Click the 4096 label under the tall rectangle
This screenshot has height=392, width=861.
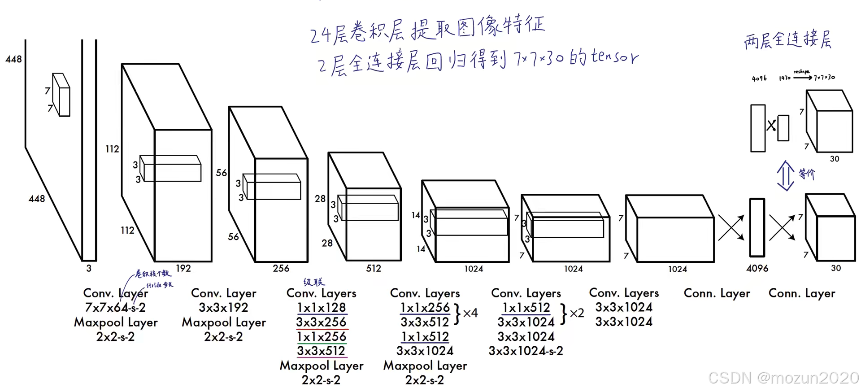coord(757,268)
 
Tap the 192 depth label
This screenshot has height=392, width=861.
coord(183,268)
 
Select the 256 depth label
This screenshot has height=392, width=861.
coord(281,268)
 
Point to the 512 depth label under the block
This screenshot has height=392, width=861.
coord(374,268)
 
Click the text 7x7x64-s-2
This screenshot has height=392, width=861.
coord(115,308)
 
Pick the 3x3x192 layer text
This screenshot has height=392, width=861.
coord(223,308)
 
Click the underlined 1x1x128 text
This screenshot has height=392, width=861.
coord(321,308)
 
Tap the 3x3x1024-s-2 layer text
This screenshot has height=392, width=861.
coord(526,351)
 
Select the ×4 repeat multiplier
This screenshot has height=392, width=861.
coord(470,313)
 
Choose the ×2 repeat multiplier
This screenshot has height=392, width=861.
coord(577,313)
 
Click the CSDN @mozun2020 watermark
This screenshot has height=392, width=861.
coord(783,378)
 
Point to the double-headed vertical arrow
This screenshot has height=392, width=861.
coord(785,175)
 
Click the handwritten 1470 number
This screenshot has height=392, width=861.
coord(784,78)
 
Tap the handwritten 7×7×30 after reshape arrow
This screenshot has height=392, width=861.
coord(825,77)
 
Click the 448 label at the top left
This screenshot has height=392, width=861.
coord(13,59)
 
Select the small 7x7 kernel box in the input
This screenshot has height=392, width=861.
coord(61,95)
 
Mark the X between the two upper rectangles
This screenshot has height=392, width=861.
coord(771,126)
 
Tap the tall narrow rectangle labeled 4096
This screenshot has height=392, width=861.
coord(757,228)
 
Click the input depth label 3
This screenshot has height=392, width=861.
coord(89,268)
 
